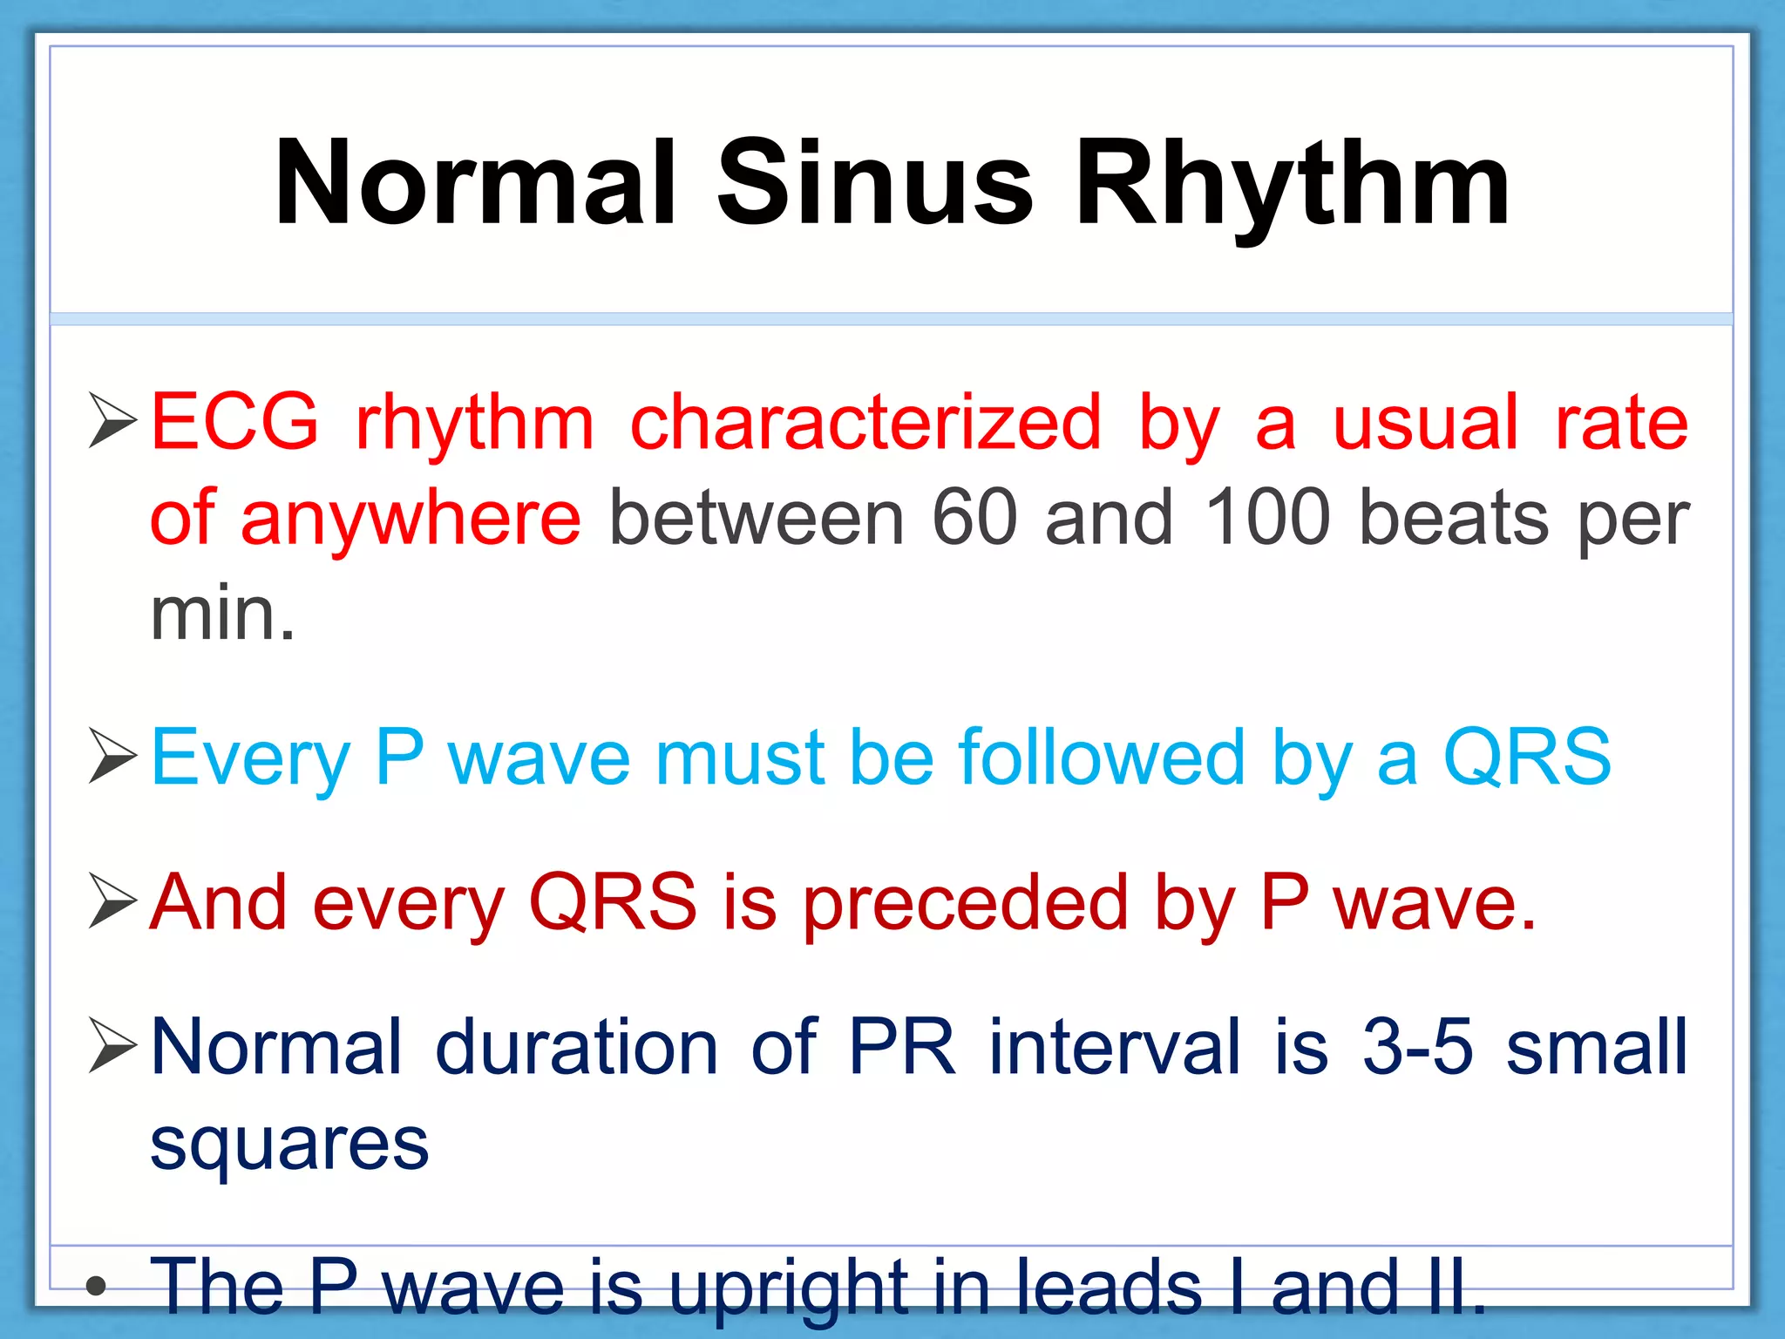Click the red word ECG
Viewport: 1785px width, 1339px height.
pos(235,422)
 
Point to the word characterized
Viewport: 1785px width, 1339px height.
pos(865,422)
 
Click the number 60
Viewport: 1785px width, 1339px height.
pos(974,518)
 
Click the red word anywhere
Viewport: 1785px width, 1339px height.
pos(411,520)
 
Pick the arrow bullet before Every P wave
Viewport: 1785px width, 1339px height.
pos(113,757)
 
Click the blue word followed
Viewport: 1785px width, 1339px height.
pos(1102,757)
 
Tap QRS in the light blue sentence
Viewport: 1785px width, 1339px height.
pos(1527,757)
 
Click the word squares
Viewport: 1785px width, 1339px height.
pos(289,1144)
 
